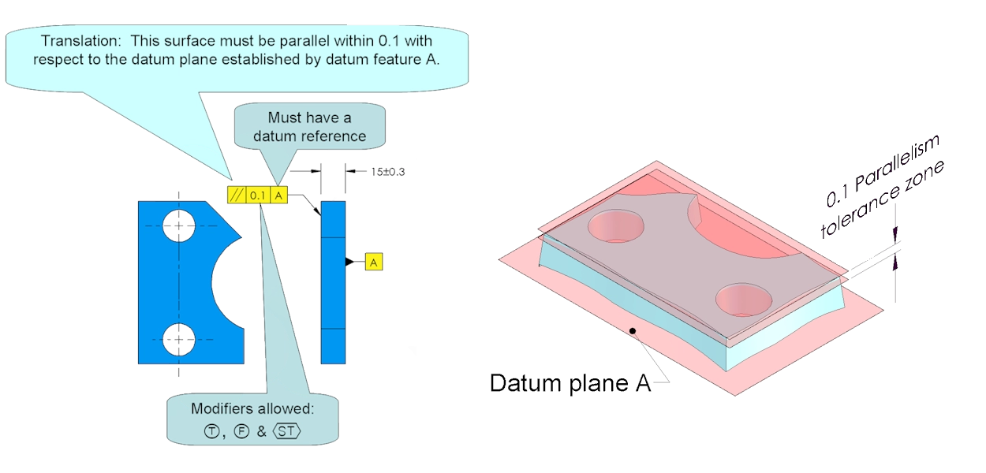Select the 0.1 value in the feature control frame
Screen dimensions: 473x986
coord(258,195)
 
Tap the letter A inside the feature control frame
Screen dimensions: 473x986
coord(279,195)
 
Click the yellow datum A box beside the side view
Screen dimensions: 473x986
coord(374,262)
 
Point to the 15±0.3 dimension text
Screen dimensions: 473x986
coord(387,170)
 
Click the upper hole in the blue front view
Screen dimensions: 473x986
coord(179,225)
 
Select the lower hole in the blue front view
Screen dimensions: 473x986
coord(179,340)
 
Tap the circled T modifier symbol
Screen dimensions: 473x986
coord(211,432)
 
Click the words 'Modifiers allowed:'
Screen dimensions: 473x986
coord(252,410)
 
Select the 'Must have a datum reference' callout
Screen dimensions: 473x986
coord(308,126)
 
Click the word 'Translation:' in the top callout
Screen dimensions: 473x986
coord(83,41)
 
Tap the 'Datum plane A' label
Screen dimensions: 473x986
coord(570,383)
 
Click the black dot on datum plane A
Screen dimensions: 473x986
coord(632,331)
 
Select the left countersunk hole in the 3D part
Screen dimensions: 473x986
coord(616,226)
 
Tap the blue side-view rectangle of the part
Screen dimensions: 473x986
coord(333,281)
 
